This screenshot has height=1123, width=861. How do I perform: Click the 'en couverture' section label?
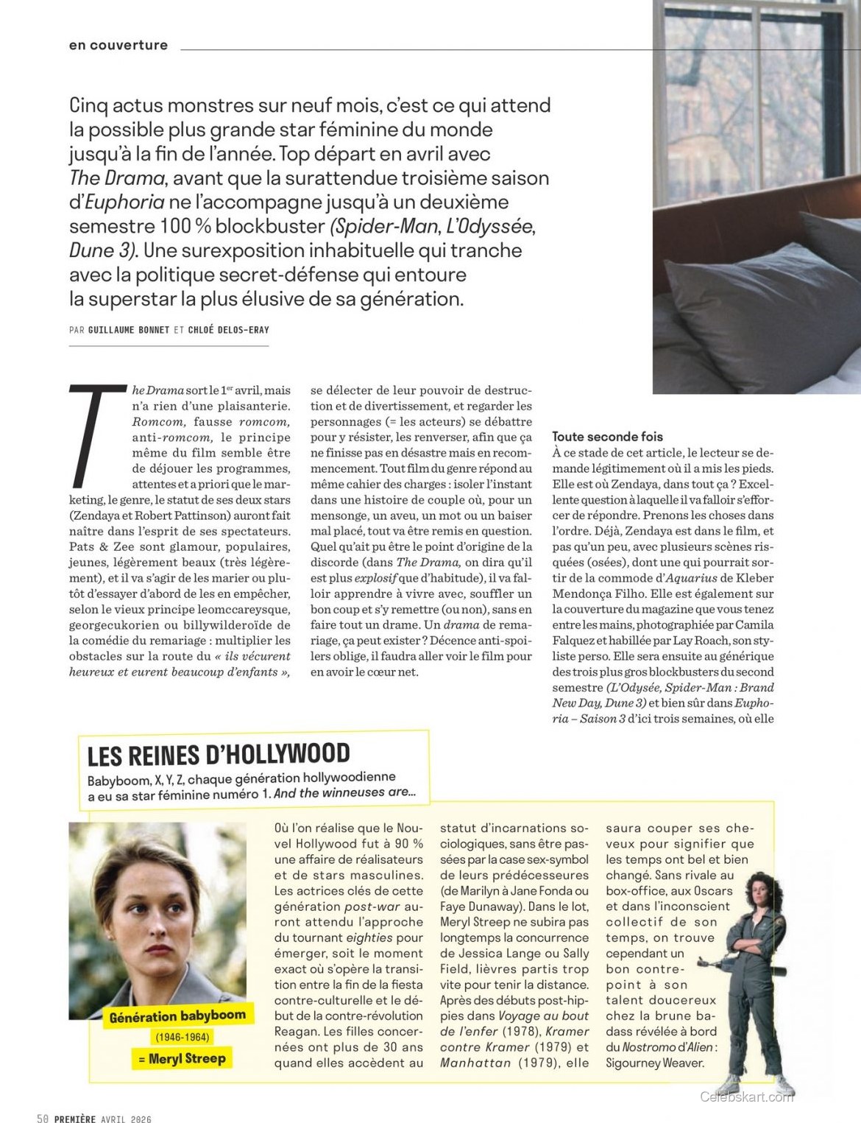118,46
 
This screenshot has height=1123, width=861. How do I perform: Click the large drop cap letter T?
96,435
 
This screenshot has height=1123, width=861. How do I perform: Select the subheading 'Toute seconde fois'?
607,437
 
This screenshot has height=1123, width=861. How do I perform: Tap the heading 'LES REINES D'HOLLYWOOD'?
219,755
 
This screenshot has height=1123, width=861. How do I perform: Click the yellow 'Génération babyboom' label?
177,1016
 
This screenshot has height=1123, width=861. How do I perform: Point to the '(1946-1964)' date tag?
182,1037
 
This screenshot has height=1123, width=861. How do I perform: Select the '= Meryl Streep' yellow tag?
182,1059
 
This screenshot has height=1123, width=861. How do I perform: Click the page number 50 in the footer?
43,1119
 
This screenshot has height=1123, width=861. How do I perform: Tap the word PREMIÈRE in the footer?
75,1119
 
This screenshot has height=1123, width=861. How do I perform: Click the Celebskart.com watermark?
747,1097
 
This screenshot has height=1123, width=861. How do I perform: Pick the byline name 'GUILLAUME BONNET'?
129,330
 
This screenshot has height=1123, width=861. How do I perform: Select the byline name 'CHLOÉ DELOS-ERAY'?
228,330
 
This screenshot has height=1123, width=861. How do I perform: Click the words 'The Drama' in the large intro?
117,178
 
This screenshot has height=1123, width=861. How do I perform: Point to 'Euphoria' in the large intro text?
125,203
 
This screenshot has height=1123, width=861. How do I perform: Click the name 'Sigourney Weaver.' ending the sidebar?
654,1063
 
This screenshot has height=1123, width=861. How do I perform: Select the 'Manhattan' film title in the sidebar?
475,1063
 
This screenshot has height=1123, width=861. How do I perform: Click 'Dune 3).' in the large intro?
103,250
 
